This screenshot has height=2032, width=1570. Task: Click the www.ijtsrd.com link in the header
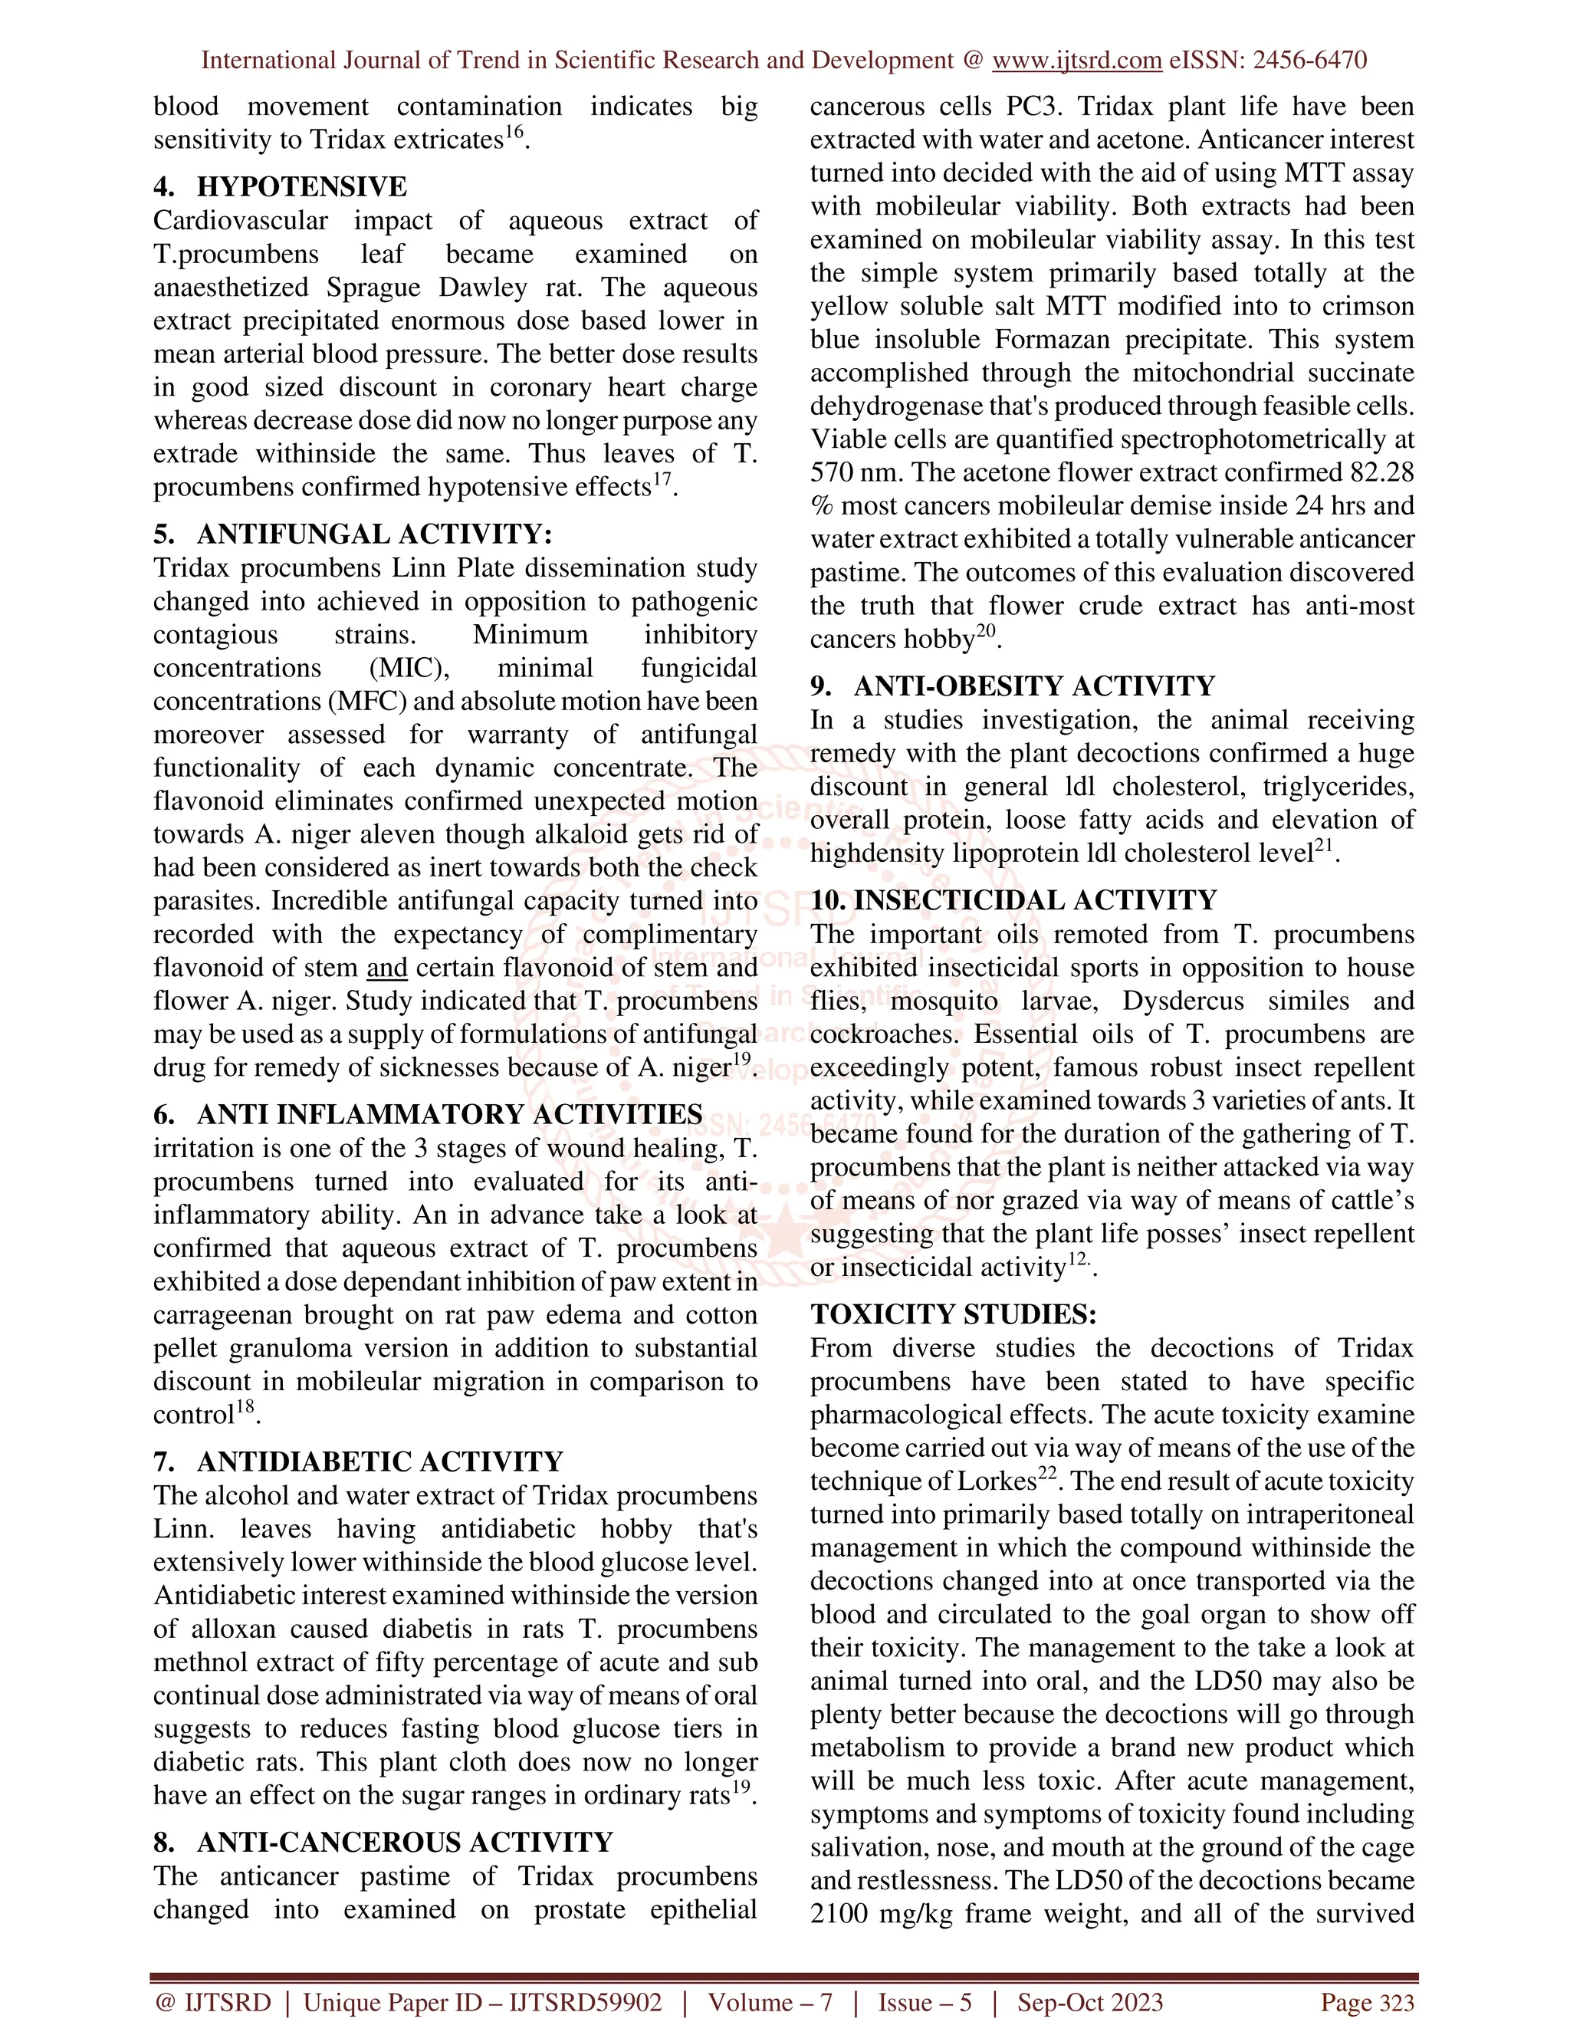pyautogui.click(x=1076, y=61)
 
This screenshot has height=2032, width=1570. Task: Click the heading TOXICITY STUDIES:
pyautogui.click(x=954, y=1314)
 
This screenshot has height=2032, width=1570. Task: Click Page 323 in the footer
pyautogui.click(x=1368, y=2002)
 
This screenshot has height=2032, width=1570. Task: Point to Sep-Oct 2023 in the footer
pyautogui.click(x=1090, y=2002)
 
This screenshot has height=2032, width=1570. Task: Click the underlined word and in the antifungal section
pyautogui.click(x=387, y=968)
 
